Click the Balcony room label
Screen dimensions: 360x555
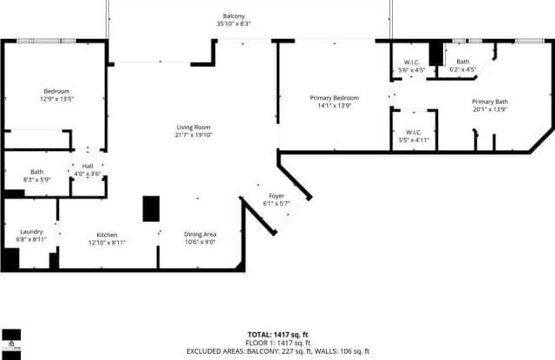click(233, 16)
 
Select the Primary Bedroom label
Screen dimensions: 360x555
click(334, 98)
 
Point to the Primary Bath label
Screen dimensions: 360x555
click(490, 102)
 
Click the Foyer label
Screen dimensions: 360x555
click(276, 196)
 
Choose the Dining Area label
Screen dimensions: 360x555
click(199, 234)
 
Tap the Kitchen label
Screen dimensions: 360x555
click(108, 234)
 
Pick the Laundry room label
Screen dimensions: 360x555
click(31, 231)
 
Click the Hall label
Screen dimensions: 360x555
click(88, 166)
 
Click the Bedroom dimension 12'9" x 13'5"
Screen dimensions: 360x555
click(57, 99)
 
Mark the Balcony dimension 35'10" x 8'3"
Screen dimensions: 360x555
click(233, 24)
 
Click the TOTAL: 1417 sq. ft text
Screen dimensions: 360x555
click(277, 334)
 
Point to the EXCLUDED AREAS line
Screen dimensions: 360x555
click(277, 351)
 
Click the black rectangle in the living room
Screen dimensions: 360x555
click(151, 209)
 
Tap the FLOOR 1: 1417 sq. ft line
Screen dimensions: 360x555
click(277, 343)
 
